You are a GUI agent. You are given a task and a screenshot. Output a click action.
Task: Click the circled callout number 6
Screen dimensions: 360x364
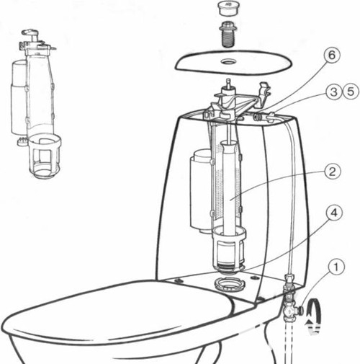[x=331, y=56]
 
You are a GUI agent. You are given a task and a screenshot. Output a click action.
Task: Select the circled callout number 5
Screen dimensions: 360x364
[x=351, y=92]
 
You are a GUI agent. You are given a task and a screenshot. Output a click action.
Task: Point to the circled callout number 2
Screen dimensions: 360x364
[x=332, y=172]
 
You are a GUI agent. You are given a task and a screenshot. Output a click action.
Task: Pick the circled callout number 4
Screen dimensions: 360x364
[x=334, y=213]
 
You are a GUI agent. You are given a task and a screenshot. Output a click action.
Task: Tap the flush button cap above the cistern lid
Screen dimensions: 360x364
[x=228, y=9]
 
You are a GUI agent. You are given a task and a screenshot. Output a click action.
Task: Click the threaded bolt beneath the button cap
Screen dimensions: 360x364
[x=228, y=34]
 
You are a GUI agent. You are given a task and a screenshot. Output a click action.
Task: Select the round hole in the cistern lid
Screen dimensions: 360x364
[x=228, y=62]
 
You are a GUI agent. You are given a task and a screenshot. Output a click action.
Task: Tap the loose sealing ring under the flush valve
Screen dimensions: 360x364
[x=228, y=285]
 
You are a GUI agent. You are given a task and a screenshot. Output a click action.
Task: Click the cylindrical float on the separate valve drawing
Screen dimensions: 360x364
[x=19, y=97]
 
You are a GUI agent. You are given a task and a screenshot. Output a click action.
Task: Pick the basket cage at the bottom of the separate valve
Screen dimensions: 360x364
[x=45, y=156]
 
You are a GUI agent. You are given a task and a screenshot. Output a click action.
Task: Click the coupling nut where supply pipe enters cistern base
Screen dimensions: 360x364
[x=289, y=279]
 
